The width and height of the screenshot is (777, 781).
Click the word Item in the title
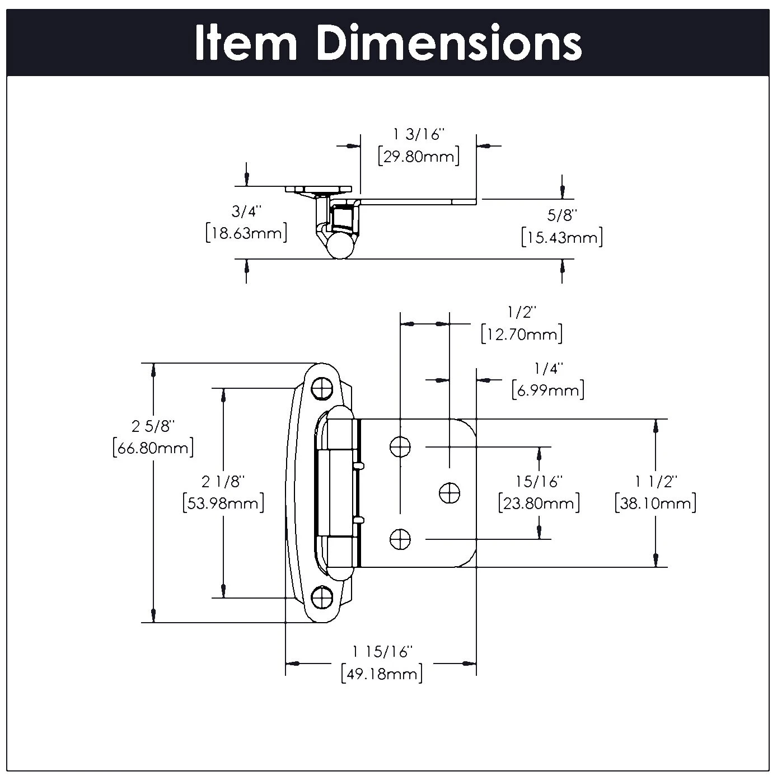point(245,44)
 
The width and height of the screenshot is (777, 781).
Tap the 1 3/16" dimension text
point(419,134)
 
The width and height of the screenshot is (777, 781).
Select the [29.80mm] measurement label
point(419,156)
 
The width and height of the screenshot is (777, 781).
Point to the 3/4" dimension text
point(247,211)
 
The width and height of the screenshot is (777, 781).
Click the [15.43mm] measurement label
point(562,237)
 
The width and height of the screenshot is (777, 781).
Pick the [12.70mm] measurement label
point(522,335)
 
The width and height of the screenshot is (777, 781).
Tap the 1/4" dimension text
point(548,369)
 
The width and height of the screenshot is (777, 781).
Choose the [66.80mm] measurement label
point(153,448)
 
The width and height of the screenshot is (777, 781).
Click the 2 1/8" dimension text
point(223,481)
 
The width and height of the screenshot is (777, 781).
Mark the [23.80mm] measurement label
point(539,503)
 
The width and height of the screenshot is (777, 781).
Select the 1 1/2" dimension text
point(656,481)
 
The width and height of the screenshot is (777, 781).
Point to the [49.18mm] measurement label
point(382,674)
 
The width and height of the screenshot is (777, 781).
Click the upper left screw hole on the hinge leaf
point(400,446)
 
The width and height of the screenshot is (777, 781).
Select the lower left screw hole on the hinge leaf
point(400,539)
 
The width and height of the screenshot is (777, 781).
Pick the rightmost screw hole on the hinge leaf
point(449,492)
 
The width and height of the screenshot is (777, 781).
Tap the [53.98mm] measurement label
point(223,503)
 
